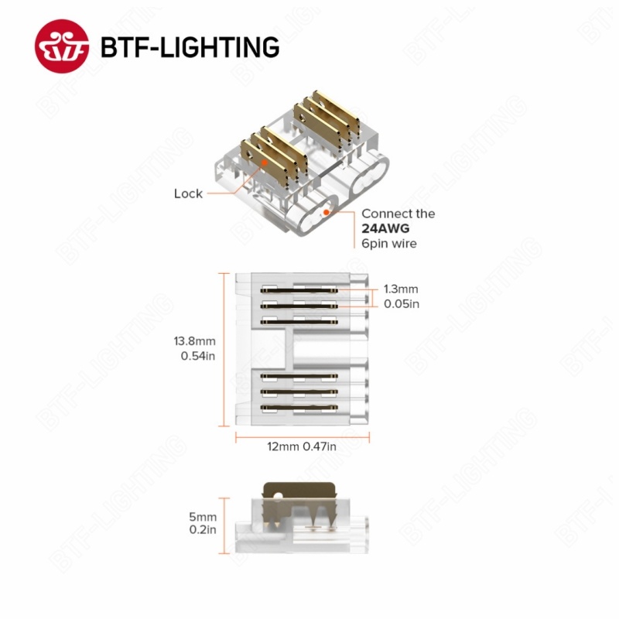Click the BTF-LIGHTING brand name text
(x=190, y=46)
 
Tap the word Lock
(x=188, y=193)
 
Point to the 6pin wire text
(x=389, y=243)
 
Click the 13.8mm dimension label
(x=194, y=340)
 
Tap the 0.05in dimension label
(x=402, y=304)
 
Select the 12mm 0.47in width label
(x=303, y=446)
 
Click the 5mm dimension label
(x=203, y=517)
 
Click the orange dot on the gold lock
(x=265, y=163)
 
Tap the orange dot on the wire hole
(x=327, y=210)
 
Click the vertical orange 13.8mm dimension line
(x=225, y=348)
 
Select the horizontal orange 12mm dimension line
(x=303, y=436)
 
